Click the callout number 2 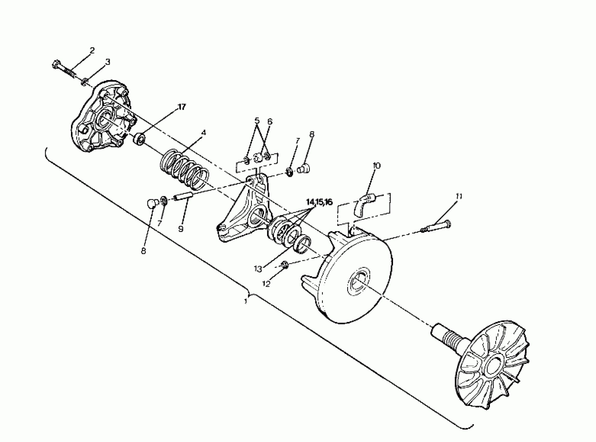(92, 50)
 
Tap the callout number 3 (107, 62)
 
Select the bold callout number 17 (182, 107)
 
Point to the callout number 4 (204, 132)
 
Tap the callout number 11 (459, 197)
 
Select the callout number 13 (258, 269)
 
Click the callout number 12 (266, 284)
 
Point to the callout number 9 (181, 229)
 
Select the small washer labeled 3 (84, 82)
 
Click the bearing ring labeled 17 (139, 139)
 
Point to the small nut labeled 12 (285, 265)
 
